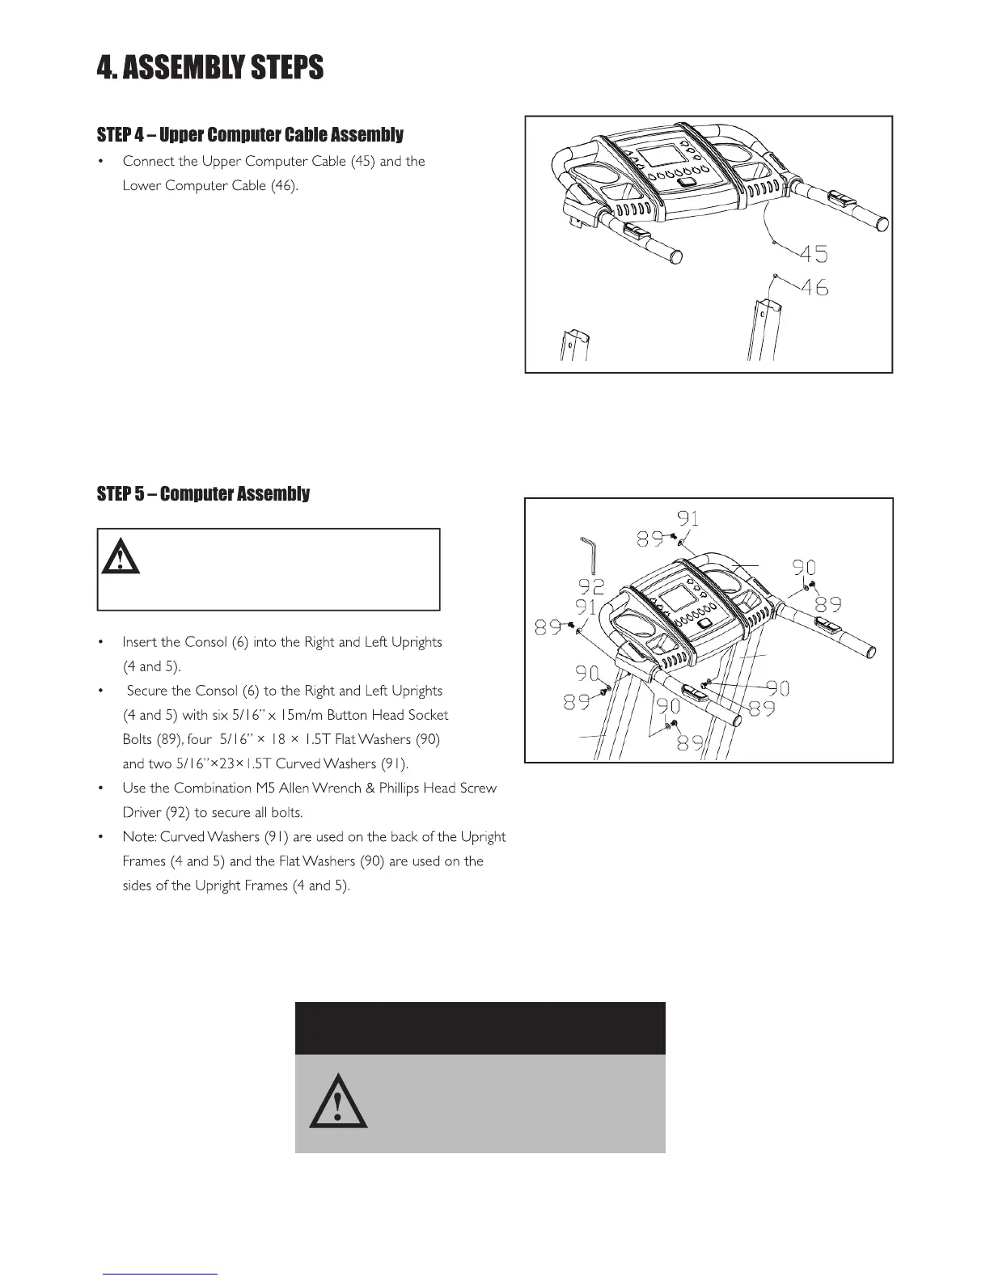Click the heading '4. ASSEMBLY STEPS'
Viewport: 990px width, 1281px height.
tap(209, 67)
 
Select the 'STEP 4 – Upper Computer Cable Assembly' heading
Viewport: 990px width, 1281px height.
tap(249, 134)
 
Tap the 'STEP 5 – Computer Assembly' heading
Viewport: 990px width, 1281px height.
tap(203, 494)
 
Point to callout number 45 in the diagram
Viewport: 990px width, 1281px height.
tap(814, 254)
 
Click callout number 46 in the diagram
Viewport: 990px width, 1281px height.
tap(815, 288)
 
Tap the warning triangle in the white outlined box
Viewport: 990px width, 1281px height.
tap(121, 556)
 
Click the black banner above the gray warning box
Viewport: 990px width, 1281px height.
tap(480, 1028)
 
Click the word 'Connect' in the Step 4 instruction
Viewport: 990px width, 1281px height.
tap(148, 161)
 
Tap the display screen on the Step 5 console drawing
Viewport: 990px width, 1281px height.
tap(675, 601)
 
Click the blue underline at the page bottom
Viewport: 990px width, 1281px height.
tap(160, 1274)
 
